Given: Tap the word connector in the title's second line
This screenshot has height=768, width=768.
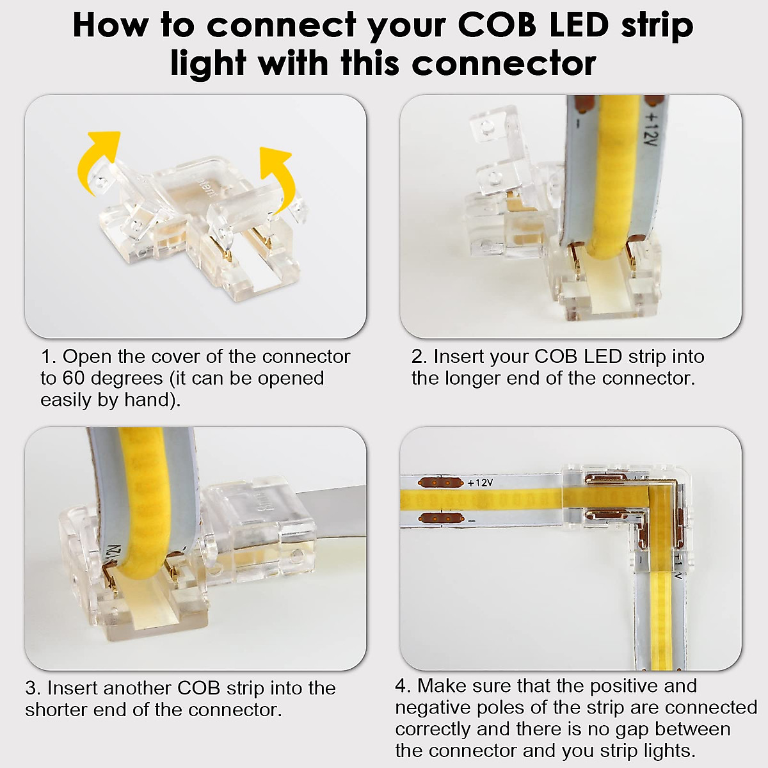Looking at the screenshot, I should click(x=504, y=63).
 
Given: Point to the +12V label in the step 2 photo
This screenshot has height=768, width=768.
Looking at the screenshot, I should click(x=651, y=132).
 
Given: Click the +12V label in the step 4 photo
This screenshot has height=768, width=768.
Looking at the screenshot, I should click(x=480, y=483).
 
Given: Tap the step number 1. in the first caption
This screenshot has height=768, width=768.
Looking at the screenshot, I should click(x=49, y=356).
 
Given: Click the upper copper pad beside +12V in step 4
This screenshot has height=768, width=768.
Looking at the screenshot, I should click(x=439, y=482).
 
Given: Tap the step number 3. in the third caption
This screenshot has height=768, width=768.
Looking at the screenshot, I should click(x=33, y=688).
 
